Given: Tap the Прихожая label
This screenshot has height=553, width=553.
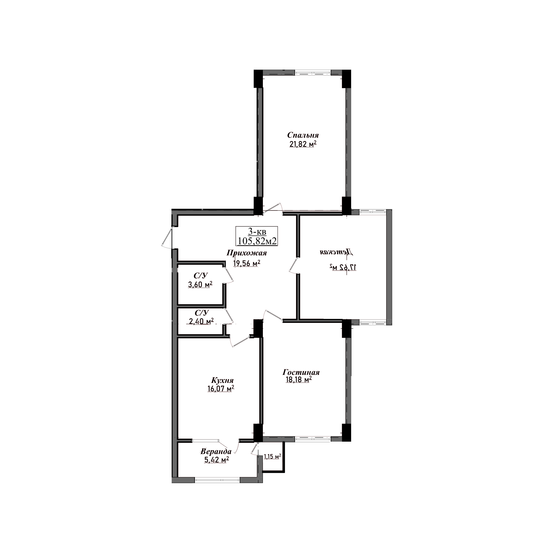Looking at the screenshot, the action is (247, 253).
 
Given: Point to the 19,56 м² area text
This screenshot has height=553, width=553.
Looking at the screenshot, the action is (247, 263).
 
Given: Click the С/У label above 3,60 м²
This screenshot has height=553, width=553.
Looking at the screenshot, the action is (201, 276).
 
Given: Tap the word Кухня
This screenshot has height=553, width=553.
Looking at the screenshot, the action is (222, 380).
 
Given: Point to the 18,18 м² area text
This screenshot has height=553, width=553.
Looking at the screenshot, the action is (299, 380).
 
